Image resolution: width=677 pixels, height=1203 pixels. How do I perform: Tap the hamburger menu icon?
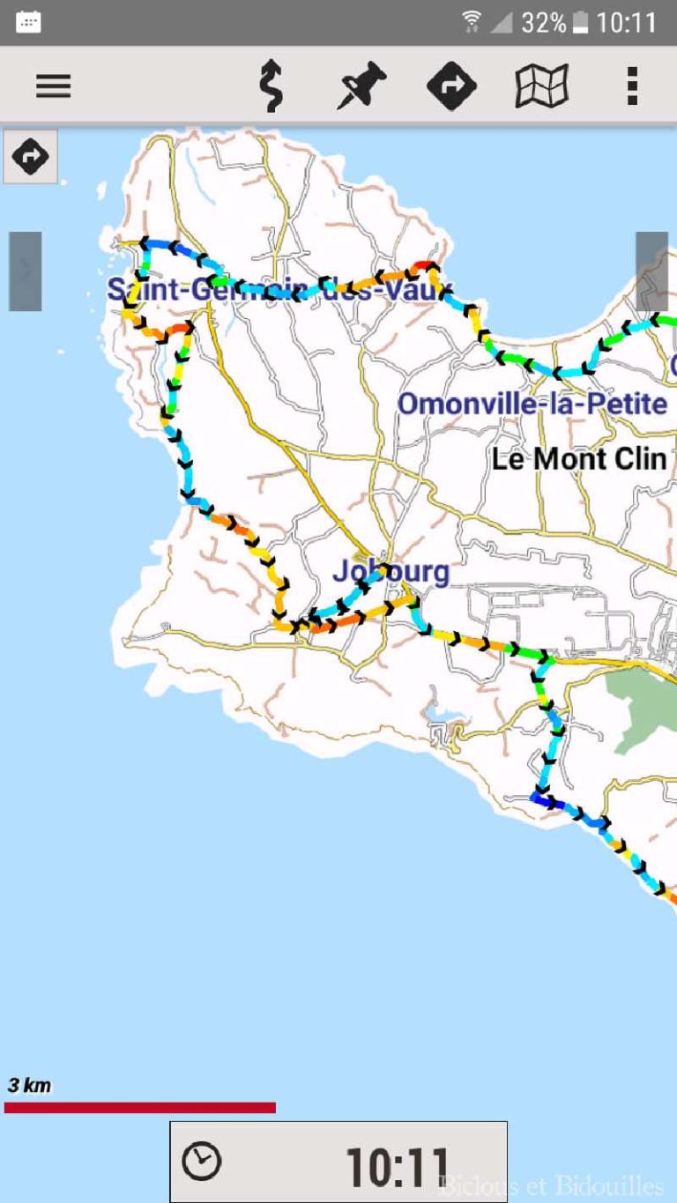click(x=53, y=85)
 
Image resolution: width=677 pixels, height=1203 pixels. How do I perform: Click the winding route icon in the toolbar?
click(x=271, y=86)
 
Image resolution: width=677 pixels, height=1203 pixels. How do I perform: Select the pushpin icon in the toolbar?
click(x=361, y=85)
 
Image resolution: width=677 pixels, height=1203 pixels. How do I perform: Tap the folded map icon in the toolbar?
click(x=541, y=85)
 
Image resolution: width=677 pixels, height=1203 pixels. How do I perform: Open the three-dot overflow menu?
click(x=631, y=85)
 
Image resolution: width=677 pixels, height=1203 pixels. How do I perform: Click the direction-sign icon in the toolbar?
click(x=451, y=85)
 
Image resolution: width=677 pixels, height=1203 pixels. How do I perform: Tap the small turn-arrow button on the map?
click(x=31, y=157)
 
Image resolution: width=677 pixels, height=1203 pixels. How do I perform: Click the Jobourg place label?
click(x=391, y=571)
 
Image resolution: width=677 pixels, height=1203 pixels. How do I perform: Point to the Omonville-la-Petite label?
click(x=532, y=404)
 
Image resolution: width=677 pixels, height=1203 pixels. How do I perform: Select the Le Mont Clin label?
click(x=578, y=458)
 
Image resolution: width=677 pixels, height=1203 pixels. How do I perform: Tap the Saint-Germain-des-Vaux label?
click(x=279, y=288)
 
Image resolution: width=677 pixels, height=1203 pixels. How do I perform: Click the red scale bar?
click(x=139, y=1107)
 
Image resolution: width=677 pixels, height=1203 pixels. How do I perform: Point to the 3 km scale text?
click(x=30, y=1085)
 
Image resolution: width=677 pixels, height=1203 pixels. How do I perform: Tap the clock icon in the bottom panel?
click(x=202, y=1162)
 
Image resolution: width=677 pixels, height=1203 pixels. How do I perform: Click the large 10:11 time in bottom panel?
click(x=398, y=1167)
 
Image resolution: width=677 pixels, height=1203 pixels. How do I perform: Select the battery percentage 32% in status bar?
click(x=543, y=23)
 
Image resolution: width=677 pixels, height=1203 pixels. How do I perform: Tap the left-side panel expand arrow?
click(x=26, y=271)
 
